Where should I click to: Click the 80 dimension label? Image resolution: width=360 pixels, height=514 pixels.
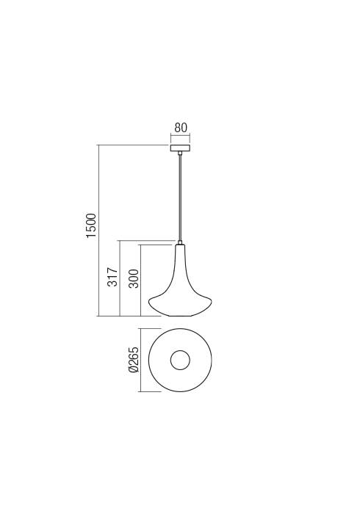point(180,128)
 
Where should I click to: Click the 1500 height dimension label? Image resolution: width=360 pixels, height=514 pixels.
point(92,225)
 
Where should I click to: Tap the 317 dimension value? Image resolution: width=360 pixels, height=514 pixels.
point(112,277)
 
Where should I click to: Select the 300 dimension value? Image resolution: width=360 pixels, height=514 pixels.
point(134,278)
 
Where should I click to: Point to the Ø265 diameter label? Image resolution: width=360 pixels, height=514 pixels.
point(134,360)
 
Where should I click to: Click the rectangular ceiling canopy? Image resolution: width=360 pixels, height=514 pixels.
point(180,148)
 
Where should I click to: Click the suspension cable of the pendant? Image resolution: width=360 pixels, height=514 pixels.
point(180,198)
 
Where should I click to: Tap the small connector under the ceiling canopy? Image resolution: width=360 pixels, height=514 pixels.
point(180,153)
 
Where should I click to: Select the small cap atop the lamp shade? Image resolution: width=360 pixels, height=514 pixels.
point(180,242)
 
